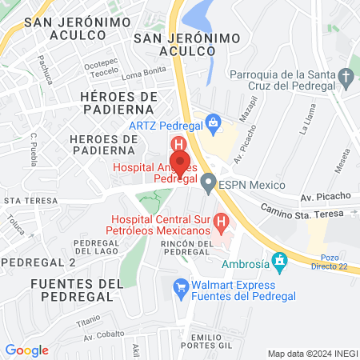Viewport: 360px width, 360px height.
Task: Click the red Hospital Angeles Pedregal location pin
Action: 180,161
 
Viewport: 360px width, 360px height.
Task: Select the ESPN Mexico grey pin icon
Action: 209,185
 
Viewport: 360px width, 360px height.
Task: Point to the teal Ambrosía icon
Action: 279,261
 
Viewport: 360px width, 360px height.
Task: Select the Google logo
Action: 26,350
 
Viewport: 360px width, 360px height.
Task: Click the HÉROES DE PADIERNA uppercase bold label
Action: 117,102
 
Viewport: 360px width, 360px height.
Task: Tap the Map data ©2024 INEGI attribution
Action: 312,354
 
